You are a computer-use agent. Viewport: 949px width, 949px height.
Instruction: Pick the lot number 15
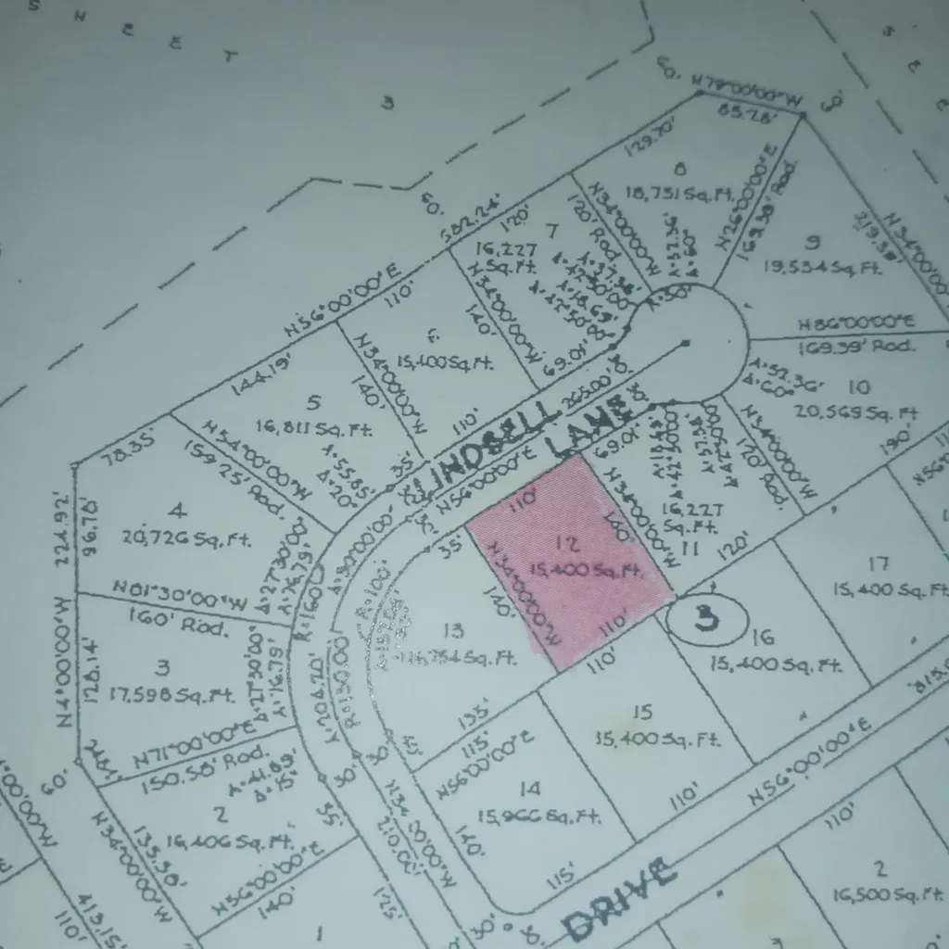(642, 712)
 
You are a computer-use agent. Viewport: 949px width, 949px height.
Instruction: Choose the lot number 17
(878, 563)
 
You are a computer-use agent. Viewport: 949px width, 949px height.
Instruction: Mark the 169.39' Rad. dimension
(855, 346)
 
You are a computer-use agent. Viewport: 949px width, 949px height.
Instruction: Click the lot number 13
(453, 631)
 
